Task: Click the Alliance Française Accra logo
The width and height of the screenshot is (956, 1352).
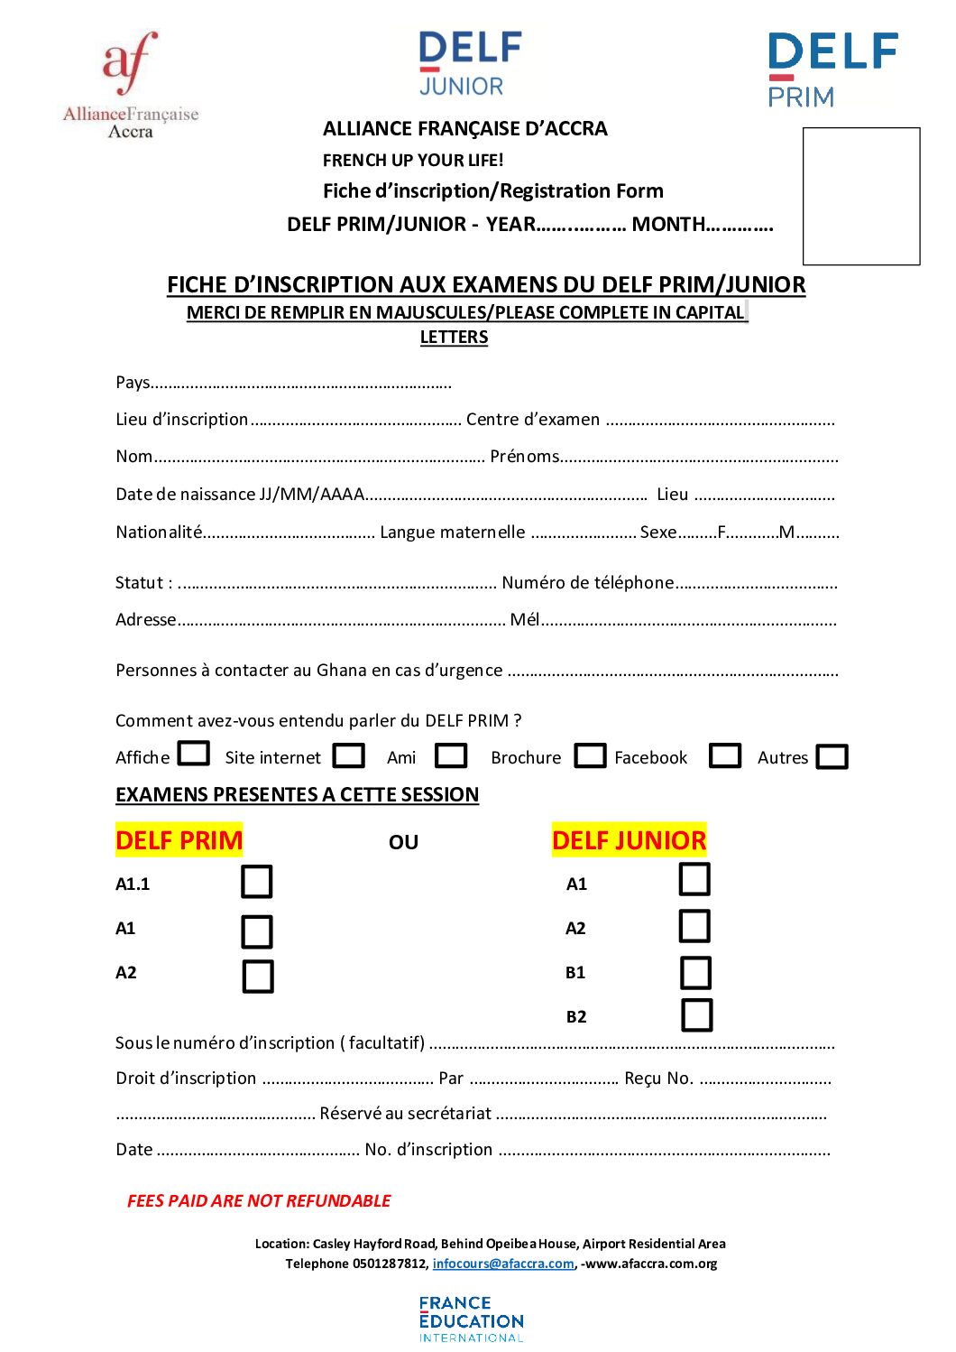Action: pos(131,84)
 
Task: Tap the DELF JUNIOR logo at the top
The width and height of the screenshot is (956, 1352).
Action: pos(470,64)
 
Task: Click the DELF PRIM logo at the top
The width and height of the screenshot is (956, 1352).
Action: pos(832,69)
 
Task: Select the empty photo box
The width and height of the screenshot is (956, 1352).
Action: pos(861,196)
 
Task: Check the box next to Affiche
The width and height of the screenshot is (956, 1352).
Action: pos(194,753)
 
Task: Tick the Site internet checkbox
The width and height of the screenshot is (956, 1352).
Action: pos(349,755)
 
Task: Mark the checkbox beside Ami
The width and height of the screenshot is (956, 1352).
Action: pos(451,755)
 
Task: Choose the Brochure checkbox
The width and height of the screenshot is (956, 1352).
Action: pos(590,755)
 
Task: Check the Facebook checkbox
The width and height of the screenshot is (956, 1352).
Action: pos(725,755)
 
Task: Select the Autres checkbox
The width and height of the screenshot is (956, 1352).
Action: pos(832,756)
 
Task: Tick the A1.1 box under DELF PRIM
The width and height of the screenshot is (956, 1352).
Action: pos(257,882)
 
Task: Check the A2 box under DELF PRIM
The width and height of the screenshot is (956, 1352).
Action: pos(258,977)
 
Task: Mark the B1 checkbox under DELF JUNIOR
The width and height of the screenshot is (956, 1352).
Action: pos(695,973)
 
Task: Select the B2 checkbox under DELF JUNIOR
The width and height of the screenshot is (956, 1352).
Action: pos(696,1014)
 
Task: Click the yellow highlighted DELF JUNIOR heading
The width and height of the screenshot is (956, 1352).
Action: pos(629,840)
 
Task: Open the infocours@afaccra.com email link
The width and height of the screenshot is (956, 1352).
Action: pos(503,1264)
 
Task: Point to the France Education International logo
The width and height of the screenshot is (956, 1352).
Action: pos(471,1319)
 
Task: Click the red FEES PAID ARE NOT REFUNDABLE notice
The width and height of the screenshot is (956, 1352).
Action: pos(259,1200)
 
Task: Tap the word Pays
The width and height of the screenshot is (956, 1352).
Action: pos(133,383)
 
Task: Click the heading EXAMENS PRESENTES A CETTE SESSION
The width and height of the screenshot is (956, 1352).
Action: pos(297,794)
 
